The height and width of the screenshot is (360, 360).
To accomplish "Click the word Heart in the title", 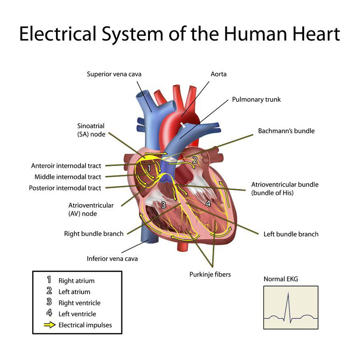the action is point(316,34).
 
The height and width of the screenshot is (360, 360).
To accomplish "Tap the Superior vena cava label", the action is point(114,74).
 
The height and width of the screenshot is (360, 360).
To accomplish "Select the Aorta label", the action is point(219,74).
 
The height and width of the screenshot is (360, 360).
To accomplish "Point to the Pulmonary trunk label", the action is point(256,100).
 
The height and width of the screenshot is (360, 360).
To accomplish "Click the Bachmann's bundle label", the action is point(286,131).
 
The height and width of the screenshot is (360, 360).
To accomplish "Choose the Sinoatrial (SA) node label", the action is point(91,130).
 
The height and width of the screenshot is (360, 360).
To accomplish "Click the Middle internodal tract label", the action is point(68,177).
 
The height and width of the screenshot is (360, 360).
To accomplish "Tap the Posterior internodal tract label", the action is point(65,188).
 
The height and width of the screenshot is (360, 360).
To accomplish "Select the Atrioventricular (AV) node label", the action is point(91,210).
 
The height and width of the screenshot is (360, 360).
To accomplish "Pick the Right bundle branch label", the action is point(94,234).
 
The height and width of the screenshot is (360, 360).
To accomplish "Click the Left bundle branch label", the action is point(291,234).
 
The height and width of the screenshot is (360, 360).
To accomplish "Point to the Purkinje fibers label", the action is point(210,275).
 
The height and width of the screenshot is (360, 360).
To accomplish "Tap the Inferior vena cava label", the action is point(112,259).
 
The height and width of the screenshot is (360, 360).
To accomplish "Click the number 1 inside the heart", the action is point(149,168).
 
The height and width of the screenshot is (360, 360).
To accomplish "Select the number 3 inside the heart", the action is point(163,205).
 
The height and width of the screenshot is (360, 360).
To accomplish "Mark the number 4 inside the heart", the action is point(208,203).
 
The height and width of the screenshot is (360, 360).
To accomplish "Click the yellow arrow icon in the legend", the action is point(50,325).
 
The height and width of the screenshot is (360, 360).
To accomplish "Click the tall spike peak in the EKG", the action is point(288,293).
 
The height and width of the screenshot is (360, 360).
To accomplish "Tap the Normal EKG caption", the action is point(281,279).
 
